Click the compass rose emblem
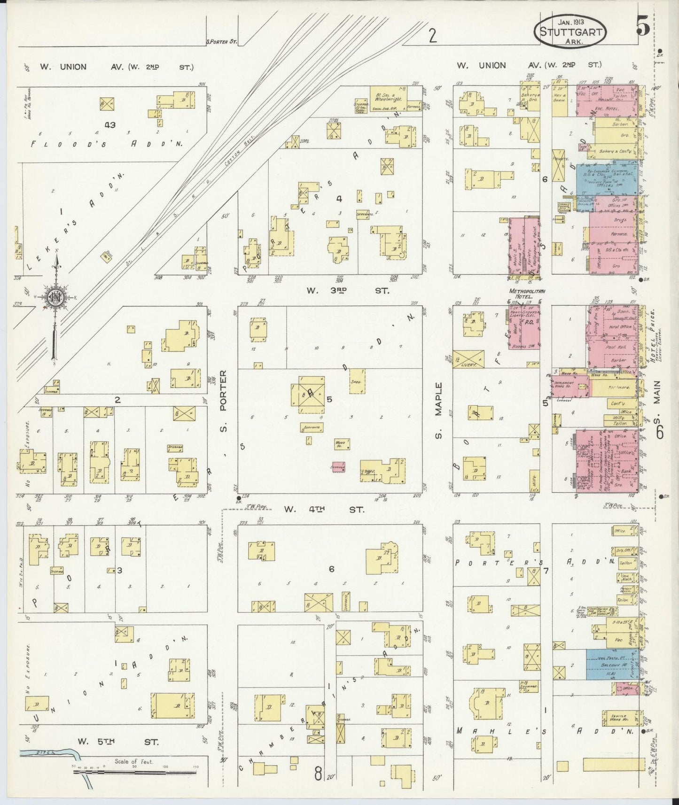(x=56, y=297)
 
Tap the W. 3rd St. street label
(x=348, y=291)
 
